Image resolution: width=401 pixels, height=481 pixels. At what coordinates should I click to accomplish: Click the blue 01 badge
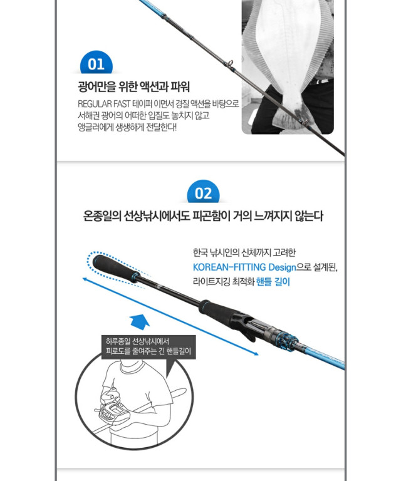click(x=96, y=63)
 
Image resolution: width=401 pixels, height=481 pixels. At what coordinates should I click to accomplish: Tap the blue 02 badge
click(x=203, y=192)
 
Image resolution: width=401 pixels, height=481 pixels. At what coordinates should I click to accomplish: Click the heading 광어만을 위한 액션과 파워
click(x=133, y=86)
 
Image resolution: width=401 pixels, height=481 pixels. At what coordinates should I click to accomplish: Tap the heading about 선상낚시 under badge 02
click(x=203, y=216)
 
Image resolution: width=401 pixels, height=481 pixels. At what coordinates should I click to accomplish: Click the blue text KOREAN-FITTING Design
click(x=244, y=267)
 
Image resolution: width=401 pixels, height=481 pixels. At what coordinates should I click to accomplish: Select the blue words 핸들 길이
click(x=273, y=281)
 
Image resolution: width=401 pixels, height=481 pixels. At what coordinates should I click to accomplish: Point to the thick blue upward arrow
click(x=140, y=322)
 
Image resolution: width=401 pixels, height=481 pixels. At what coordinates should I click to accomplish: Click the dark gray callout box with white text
click(x=148, y=346)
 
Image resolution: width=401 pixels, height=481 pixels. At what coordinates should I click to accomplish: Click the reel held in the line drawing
click(x=112, y=411)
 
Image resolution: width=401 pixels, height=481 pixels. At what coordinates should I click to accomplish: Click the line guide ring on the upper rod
click(x=230, y=64)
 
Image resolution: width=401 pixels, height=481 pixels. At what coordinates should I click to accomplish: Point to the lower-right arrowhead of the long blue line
click(x=256, y=354)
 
